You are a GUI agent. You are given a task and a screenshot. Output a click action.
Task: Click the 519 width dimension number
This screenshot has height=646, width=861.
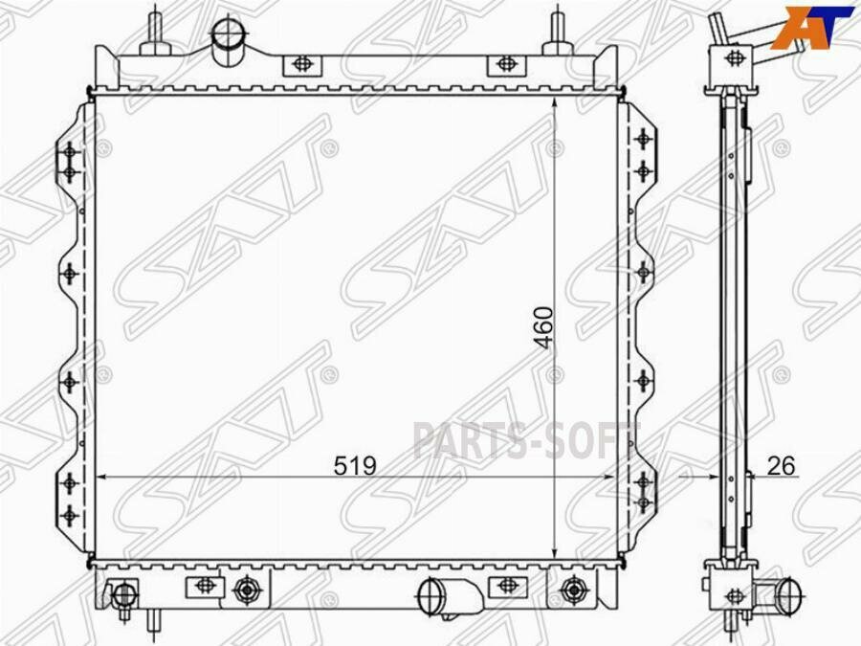[x=355, y=466]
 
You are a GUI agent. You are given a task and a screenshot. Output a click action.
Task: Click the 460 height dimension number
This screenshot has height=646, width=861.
[x=544, y=327]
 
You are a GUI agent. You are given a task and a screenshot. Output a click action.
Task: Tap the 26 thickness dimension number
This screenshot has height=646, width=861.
[x=781, y=466]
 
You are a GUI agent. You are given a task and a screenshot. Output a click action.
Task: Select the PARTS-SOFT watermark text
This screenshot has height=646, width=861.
[x=526, y=440]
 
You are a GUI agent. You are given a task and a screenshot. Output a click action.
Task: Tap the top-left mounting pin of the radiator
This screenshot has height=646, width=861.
[x=155, y=32]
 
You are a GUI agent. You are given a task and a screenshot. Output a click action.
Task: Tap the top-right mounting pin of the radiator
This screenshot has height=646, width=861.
[x=558, y=32]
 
